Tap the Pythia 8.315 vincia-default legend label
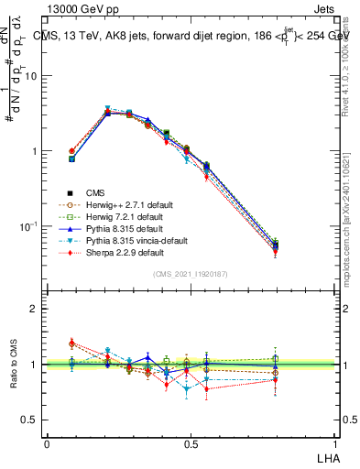(x=134, y=240)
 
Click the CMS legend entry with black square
(x=95, y=192)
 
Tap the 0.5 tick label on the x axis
(x=190, y=444)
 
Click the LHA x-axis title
(x=328, y=457)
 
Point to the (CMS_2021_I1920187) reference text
(x=190, y=274)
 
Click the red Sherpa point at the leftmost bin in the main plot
(x=71, y=151)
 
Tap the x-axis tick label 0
(x=47, y=444)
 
